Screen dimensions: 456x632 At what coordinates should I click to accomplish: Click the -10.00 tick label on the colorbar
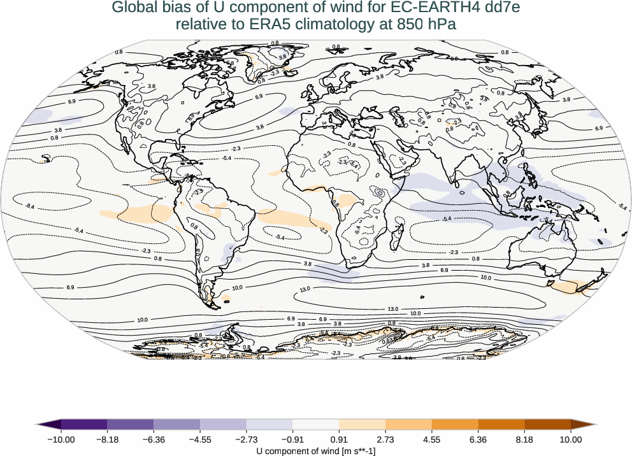[x=61, y=439]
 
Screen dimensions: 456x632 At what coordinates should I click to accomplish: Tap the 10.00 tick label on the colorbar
[x=571, y=439]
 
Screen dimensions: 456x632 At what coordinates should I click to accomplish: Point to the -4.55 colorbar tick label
[x=200, y=439]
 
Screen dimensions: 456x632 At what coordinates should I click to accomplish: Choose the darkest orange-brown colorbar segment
[x=548, y=424]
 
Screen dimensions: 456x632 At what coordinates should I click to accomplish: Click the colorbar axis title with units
[x=316, y=450]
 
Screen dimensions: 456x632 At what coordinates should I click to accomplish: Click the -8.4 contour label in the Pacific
[x=30, y=206]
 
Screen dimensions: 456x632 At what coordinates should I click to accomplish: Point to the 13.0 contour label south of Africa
[x=304, y=290]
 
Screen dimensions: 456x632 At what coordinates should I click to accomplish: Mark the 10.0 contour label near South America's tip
[x=238, y=288]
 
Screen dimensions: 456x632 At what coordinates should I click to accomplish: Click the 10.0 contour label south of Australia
[x=486, y=278]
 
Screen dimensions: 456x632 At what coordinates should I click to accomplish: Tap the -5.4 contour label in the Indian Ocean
[x=447, y=218]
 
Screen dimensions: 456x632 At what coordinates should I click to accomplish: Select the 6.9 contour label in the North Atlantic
[x=259, y=97]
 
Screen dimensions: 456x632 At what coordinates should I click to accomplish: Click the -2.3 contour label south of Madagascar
[x=453, y=252]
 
